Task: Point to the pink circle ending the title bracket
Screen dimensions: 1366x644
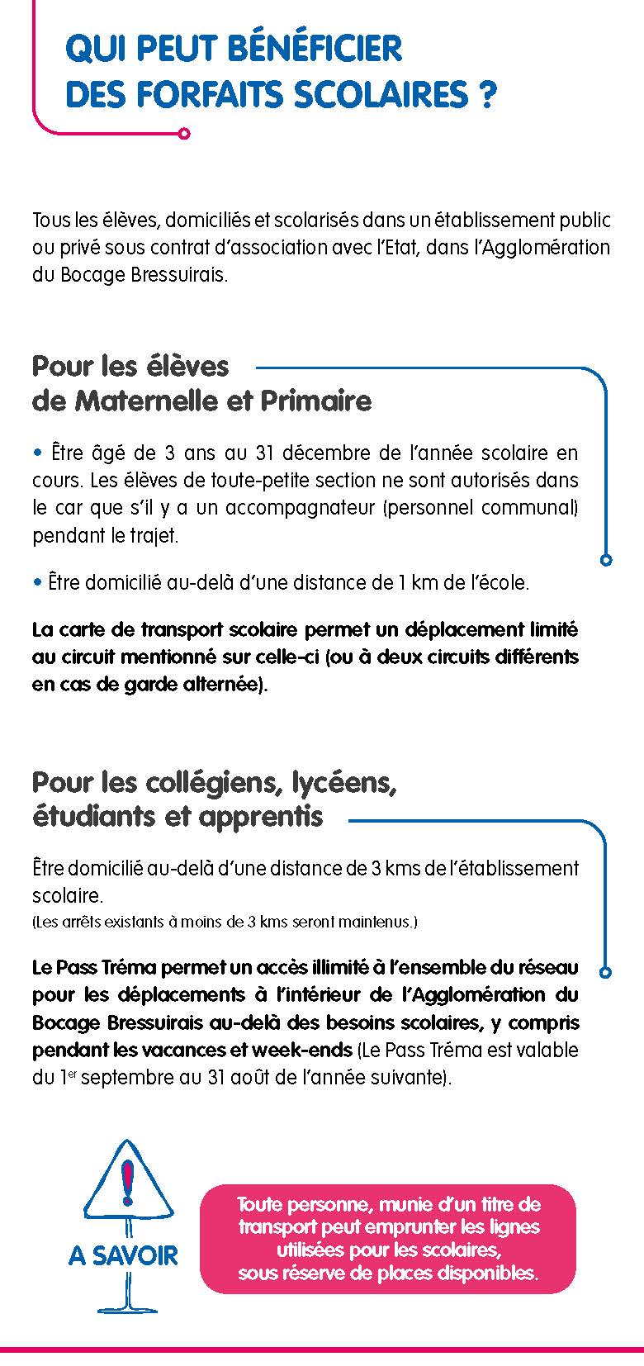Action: [x=184, y=132]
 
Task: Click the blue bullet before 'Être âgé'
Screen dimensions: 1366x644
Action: [x=37, y=453]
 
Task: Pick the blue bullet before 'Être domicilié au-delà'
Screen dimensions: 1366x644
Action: [x=37, y=582]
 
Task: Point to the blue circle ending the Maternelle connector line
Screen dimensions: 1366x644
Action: [x=606, y=560]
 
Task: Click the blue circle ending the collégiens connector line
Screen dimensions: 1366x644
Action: [x=606, y=972]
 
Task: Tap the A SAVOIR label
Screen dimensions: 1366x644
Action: [x=123, y=1255]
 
